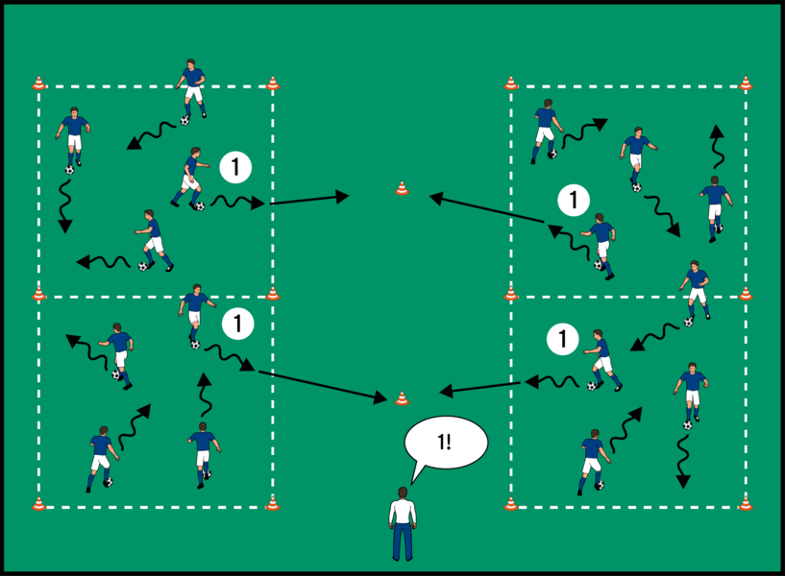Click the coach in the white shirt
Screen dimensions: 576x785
(x=403, y=524)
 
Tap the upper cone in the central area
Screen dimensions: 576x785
(x=402, y=188)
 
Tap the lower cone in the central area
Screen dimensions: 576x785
(x=402, y=397)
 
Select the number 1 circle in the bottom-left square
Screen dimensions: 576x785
(x=235, y=324)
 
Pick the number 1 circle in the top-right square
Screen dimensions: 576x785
(x=573, y=201)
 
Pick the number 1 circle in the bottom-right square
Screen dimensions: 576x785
(x=562, y=339)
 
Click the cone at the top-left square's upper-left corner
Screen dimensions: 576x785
(x=39, y=84)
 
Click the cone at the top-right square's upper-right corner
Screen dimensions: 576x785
(x=746, y=84)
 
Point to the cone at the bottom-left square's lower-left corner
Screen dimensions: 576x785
(x=39, y=503)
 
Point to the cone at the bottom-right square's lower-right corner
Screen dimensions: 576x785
(x=746, y=503)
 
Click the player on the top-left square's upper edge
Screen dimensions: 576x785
(x=192, y=88)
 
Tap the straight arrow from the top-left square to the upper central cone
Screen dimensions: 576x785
(x=309, y=200)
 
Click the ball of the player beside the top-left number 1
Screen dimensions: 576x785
(x=200, y=206)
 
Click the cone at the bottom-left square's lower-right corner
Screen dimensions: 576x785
(x=273, y=503)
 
